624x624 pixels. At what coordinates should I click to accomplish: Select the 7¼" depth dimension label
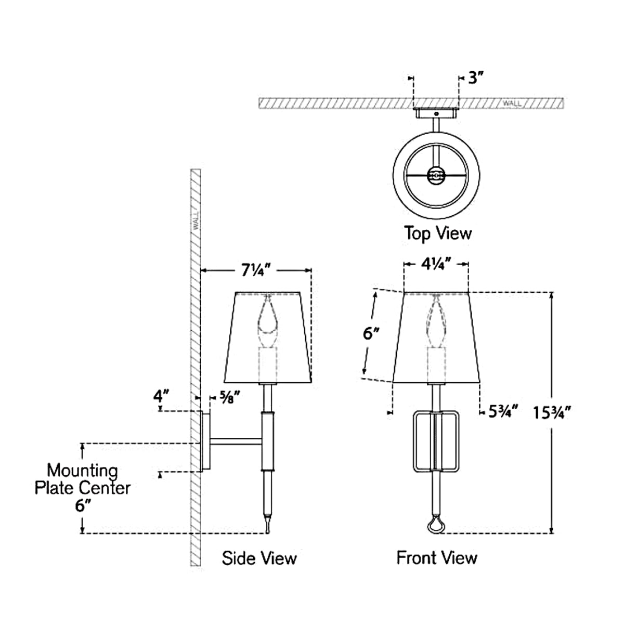tap(256, 270)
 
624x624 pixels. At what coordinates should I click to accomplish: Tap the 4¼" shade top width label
tap(436, 264)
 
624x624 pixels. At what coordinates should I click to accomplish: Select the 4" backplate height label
tap(161, 396)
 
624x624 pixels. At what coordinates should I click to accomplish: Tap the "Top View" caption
tap(438, 233)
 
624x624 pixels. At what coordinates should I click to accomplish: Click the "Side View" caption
tap(259, 558)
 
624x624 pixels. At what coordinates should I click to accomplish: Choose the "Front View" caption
tap(437, 557)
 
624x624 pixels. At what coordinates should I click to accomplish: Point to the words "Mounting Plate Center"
tap(82, 479)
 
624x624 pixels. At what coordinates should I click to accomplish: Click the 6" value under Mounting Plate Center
tap(82, 505)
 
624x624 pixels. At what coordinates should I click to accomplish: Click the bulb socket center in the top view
tap(436, 176)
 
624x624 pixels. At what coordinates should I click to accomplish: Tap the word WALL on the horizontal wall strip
tap(511, 104)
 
